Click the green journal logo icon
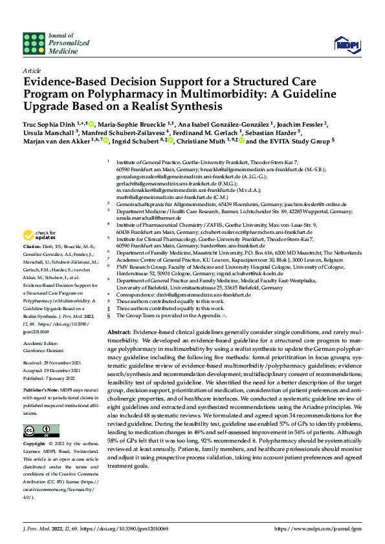pos(34,43)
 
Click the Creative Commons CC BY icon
pos(40,431)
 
